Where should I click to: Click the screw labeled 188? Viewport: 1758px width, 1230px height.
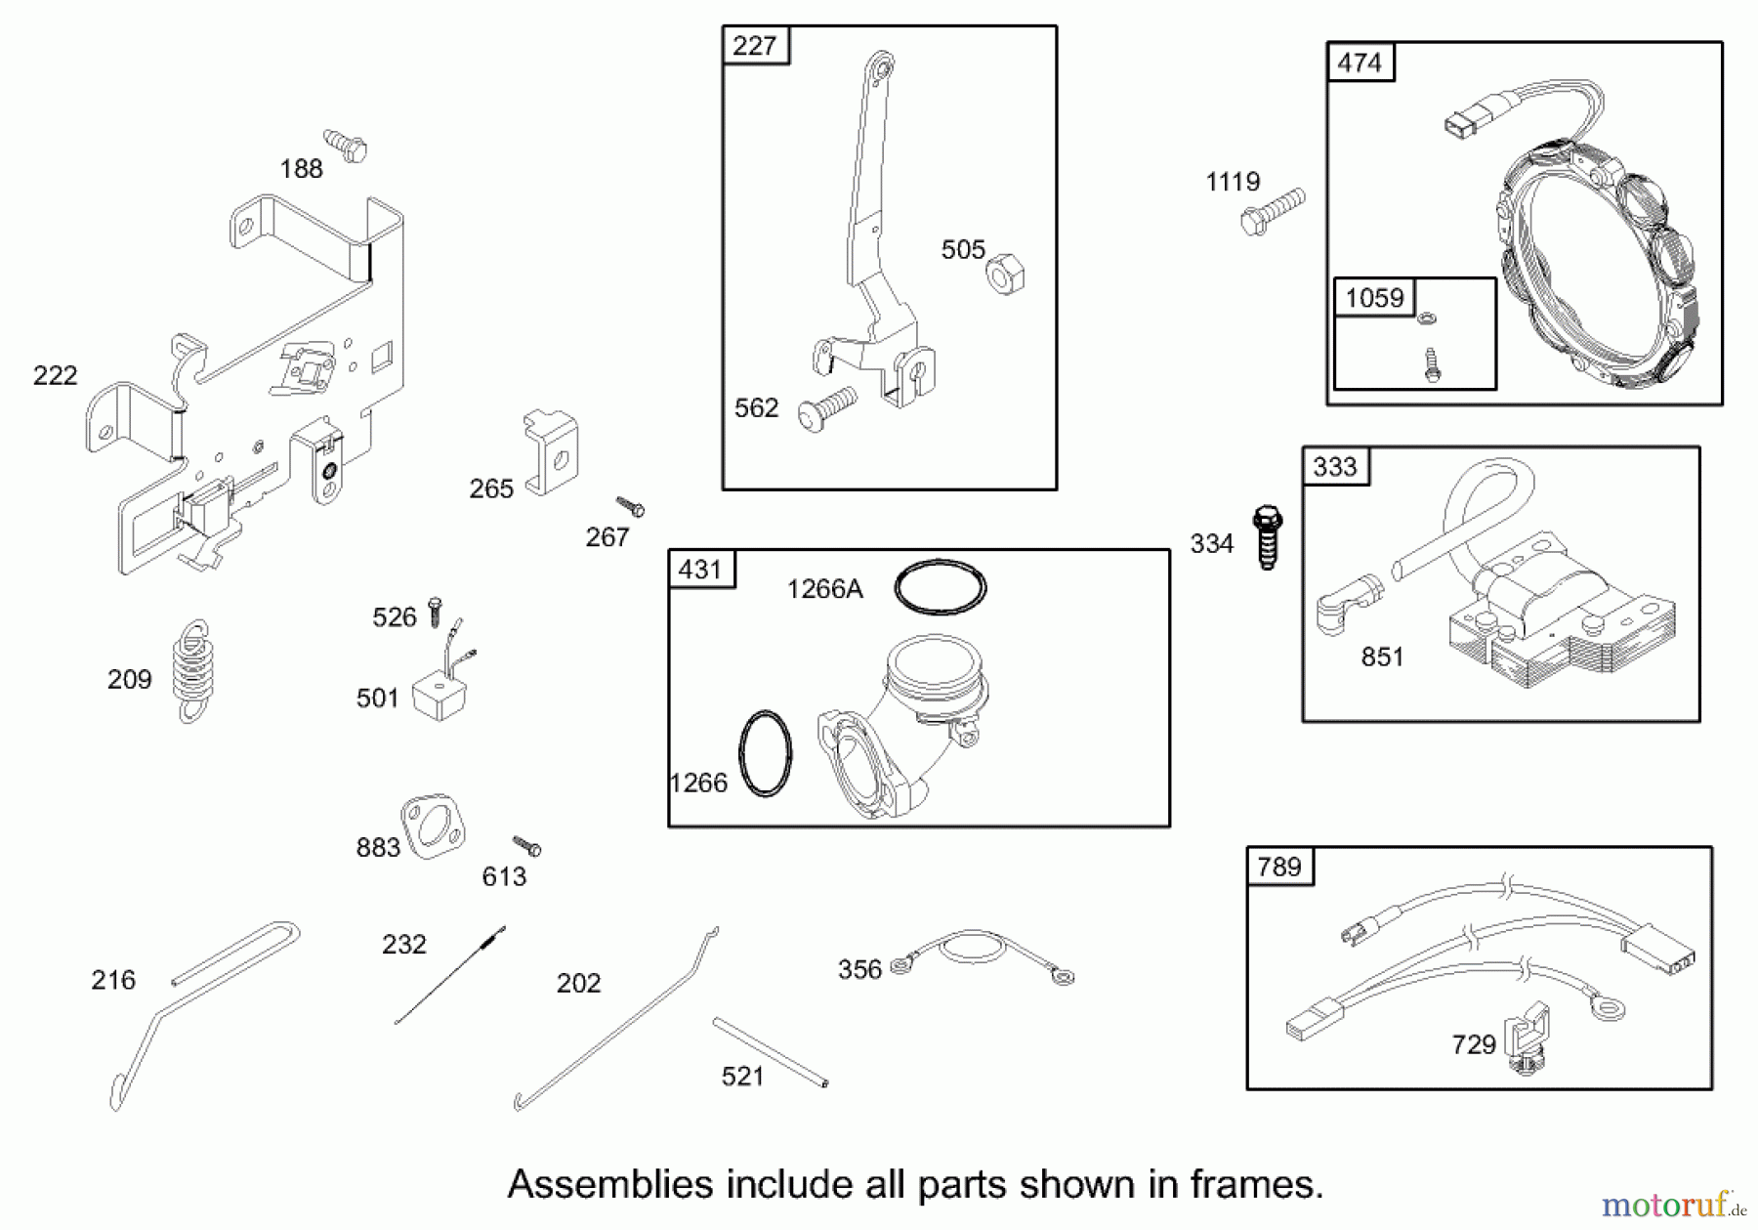click(x=346, y=146)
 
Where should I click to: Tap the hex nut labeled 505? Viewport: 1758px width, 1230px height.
click(x=1005, y=274)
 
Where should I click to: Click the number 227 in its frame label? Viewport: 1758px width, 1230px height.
click(x=755, y=46)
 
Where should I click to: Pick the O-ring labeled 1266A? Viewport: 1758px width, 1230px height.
click(x=940, y=587)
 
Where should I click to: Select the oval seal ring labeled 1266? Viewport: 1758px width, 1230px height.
click(x=765, y=753)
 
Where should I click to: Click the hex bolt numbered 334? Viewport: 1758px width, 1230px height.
click(x=1267, y=536)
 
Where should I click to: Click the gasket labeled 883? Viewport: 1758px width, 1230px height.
click(x=433, y=826)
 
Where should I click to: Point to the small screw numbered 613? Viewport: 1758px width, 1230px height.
click(x=527, y=845)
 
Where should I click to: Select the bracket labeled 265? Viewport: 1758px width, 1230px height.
click(x=552, y=452)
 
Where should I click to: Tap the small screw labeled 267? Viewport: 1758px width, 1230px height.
click(x=631, y=506)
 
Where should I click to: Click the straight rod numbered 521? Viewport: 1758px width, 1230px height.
click(x=770, y=1051)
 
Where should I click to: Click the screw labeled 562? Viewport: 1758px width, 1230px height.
click(x=827, y=408)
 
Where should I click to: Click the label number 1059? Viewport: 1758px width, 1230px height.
click(x=1374, y=298)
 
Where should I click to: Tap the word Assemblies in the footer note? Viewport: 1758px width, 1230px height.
click(x=610, y=1184)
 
